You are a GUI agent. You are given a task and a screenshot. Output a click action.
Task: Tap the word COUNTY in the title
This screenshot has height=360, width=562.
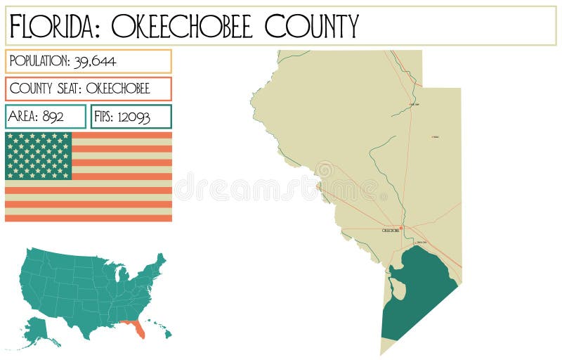point(311,27)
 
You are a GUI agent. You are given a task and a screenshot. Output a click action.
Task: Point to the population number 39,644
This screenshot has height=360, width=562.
point(96,61)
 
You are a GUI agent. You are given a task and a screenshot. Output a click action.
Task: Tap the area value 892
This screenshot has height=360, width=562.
point(53,117)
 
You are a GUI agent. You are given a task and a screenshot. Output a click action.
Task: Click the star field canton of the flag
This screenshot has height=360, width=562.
point(39,155)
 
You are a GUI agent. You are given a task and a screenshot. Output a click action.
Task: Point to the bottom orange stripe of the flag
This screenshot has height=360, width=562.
point(88,218)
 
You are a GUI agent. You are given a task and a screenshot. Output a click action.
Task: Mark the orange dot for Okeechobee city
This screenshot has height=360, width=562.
point(400,227)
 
